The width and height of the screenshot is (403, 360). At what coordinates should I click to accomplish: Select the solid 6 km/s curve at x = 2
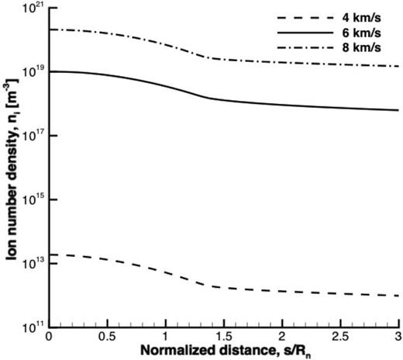[x=282, y=105]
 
